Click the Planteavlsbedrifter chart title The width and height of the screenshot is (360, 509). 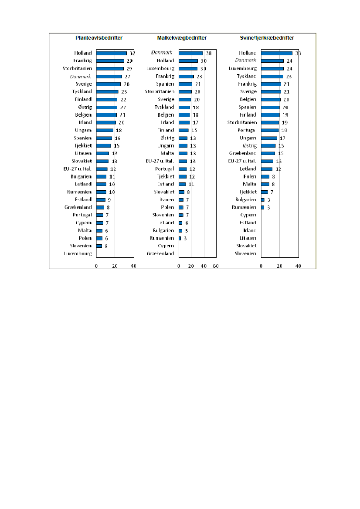click(99, 38)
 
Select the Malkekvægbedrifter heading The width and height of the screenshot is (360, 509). click(176, 38)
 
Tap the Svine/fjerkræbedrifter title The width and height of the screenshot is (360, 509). click(267, 38)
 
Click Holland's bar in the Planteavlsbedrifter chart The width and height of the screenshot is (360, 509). click(112, 53)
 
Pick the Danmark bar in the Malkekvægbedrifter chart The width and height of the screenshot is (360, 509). click(190, 53)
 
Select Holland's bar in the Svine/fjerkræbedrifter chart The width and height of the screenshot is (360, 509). click(276, 53)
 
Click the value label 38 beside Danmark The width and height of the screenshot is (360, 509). click(209, 53)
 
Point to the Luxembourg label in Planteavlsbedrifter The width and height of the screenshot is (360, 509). click(78, 253)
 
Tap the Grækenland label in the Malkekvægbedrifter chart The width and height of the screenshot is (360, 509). click(160, 253)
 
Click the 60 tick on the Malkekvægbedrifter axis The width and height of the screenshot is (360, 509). click(215, 266)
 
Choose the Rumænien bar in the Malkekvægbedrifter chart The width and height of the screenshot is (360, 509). click(180, 238)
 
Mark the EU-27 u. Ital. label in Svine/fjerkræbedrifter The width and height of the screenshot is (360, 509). click(242, 161)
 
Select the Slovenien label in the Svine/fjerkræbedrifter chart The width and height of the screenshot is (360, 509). click(246, 253)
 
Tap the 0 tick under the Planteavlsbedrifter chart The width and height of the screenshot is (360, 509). click(96, 266)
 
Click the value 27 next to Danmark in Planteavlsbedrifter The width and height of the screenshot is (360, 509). click(128, 76)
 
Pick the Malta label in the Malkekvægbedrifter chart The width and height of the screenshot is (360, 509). click(167, 153)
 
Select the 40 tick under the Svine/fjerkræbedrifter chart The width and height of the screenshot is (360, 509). click(298, 266)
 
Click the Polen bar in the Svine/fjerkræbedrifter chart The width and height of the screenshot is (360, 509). click(265, 176)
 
